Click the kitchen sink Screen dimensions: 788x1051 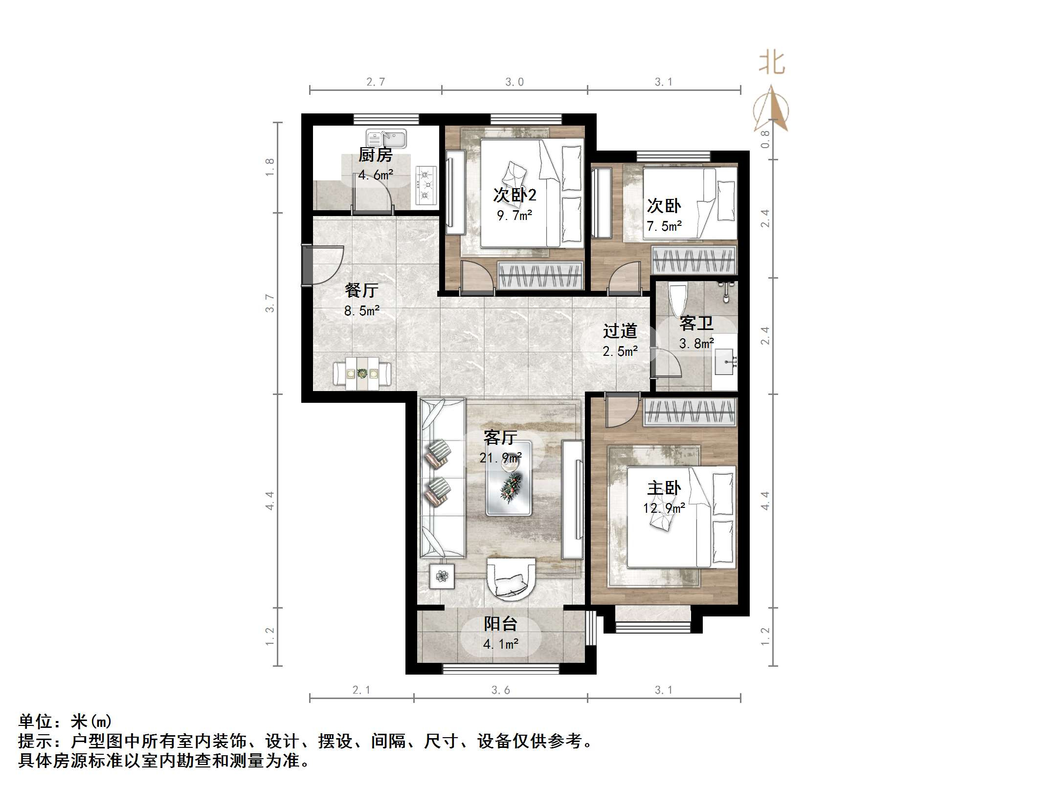pyautogui.click(x=386, y=138)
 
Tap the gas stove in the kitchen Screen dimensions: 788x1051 pyautogui.click(x=425, y=185)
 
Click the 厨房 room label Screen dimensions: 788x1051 pyautogui.click(x=375, y=155)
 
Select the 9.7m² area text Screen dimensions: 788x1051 pyautogui.click(x=514, y=216)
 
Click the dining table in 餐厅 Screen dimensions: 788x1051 pyautogui.click(x=362, y=374)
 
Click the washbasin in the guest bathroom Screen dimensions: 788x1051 pyautogui.click(x=725, y=362)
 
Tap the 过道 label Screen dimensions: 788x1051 pyautogui.click(x=620, y=331)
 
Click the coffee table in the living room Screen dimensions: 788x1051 pyautogui.click(x=509, y=478)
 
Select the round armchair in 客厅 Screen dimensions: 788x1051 pyautogui.click(x=511, y=580)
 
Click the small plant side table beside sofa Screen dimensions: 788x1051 pyautogui.click(x=442, y=576)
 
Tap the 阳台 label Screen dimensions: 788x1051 pyautogui.click(x=500, y=624)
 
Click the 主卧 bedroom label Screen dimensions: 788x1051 pyautogui.click(x=664, y=488)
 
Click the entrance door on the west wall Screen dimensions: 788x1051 pyautogui.click(x=307, y=265)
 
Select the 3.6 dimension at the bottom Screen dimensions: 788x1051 pyautogui.click(x=500, y=690)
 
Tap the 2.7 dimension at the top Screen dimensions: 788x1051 pyautogui.click(x=376, y=82)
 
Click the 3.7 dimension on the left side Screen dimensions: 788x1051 pyautogui.click(x=269, y=303)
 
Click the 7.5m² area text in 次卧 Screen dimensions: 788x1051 pyautogui.click(x=664, y=226)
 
